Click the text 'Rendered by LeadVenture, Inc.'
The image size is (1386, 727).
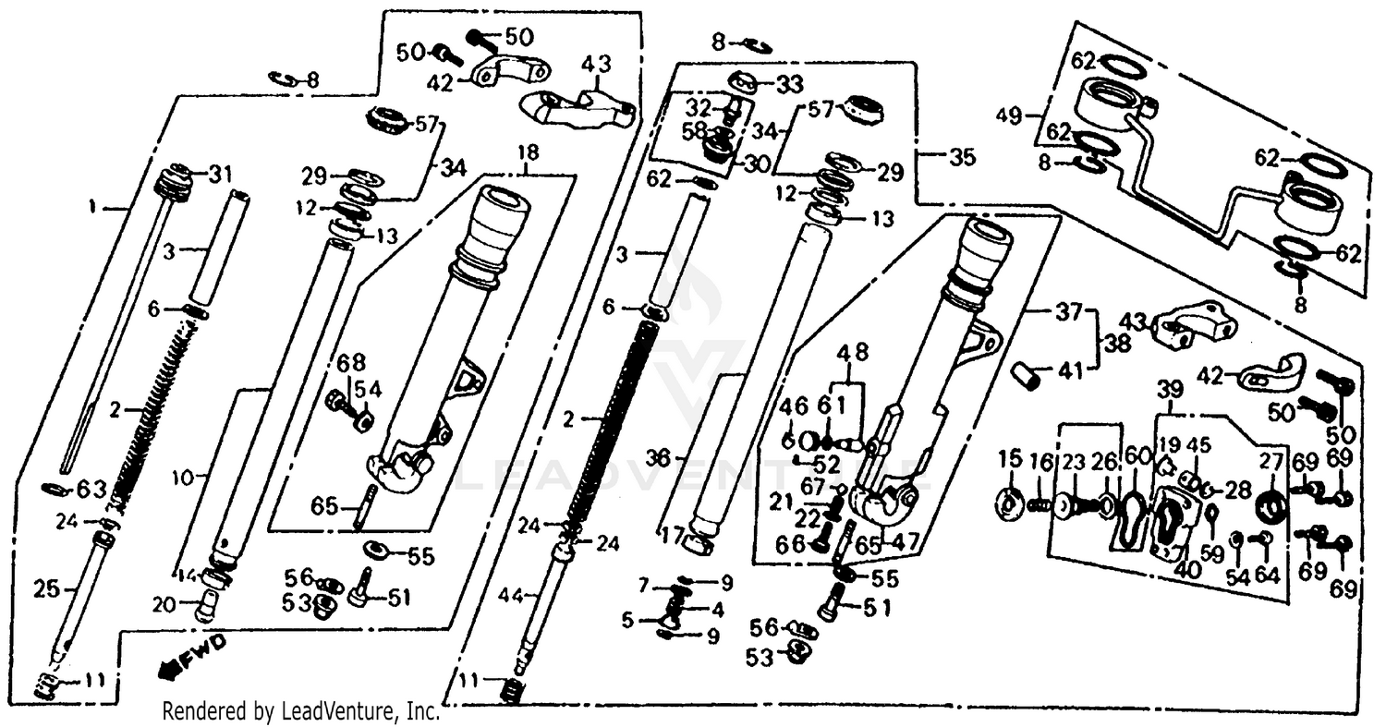click(300, 711)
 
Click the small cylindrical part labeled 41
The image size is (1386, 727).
click(1026, 376)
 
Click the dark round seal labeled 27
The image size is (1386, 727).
click(1273, 506)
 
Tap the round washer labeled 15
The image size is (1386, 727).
click(1009, 503)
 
